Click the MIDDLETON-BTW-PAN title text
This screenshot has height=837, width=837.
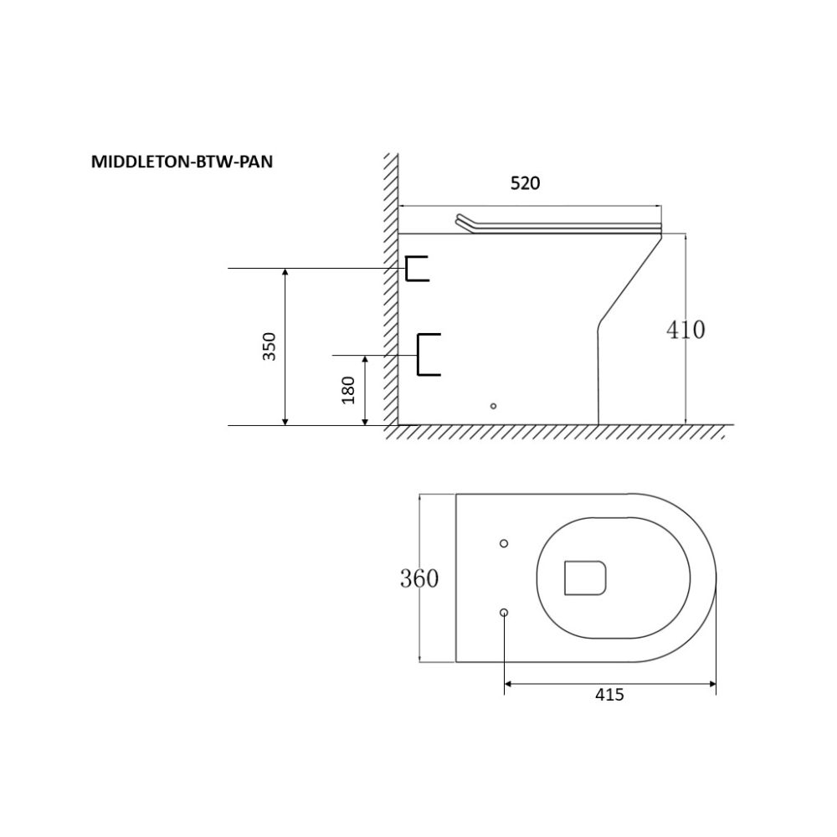coord(182,162)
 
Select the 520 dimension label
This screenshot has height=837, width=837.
coord(526,184)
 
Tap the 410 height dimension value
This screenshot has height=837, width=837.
coord(686,330)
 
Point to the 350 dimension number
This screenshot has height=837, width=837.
coord(270,346)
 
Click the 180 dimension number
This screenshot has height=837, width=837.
coord(349,389)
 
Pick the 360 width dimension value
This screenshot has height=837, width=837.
coord(418,578)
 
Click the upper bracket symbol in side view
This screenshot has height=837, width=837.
coord(416,269)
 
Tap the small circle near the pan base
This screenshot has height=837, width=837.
coord(493,406)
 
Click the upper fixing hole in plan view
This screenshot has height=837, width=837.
coord(504,544)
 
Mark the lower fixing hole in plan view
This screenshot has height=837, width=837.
coord(504,613)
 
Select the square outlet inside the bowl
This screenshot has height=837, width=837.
coord(585,578)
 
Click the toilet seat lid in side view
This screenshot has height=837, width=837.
coord(557,224)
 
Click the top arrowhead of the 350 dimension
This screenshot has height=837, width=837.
coord(286,272)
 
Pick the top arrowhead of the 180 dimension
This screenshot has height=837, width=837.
coord(366,359)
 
